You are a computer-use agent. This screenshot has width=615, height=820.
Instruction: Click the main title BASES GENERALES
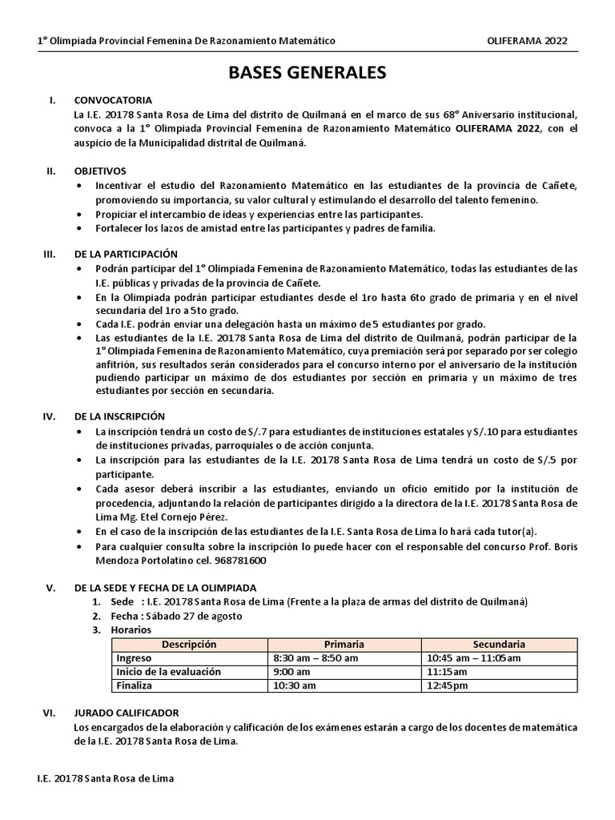click(307, 74)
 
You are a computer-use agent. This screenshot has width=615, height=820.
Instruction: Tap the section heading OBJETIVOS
click(99, 171)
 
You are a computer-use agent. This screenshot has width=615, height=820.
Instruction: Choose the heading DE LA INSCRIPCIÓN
click(119, 416)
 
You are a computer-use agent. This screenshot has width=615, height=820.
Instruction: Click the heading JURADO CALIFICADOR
click(126, 712)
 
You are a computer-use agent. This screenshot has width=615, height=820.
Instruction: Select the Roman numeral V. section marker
click(50, 587)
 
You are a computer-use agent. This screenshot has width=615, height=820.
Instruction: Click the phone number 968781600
click(239, 561)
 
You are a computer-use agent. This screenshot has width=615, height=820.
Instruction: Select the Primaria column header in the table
click(344, 644)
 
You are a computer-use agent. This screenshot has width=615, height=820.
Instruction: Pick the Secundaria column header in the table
click(499, 644)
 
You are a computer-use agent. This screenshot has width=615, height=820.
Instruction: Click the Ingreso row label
click(134, 657)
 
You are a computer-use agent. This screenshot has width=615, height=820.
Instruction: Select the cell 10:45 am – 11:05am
click(474, 657)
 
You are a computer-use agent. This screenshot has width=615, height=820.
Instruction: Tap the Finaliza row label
click(135, 685)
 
